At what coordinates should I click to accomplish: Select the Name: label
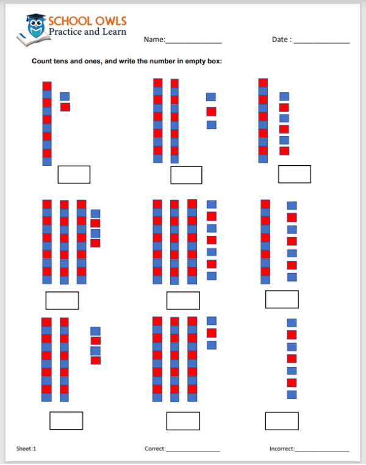tap(154, 40)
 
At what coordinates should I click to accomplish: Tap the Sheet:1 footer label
tap(26, 449)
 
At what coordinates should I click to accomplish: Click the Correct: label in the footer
tap(155, 449)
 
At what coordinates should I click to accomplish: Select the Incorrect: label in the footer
tap(282, 449)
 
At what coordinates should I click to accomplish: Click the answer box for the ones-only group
tap(282, 421)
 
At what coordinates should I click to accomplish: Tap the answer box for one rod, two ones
tap(74, 175)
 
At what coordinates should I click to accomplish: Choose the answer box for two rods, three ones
tap(186, 176)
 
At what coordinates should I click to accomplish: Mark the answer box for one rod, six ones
tap(295, 174)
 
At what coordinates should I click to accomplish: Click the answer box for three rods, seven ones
tap(183, 300)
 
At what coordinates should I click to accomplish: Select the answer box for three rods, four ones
tap(62, 300)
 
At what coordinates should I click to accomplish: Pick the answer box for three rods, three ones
tap(183, 421)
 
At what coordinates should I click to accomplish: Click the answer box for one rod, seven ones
tap(282, 300)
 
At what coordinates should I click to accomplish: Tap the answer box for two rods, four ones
tap(66, 421)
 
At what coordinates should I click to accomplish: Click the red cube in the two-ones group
tap(65, 107)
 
